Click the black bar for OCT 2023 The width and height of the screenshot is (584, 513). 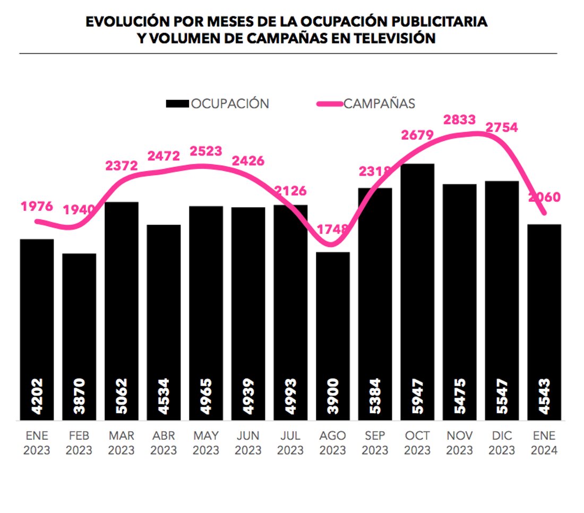tap(417, 292)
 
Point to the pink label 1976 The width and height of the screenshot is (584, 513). tap(37, 206)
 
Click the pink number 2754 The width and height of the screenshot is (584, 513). tap(501, 128)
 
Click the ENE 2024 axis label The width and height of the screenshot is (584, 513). tap(544, 443)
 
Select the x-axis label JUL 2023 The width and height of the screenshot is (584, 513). tap(290, 443)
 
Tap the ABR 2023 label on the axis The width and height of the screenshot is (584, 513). tap(164, 443)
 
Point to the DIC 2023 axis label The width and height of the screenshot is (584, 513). tap(502, 443)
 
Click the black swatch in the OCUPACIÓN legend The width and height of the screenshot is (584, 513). tap(177, 104)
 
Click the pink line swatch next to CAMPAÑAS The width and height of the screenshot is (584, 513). tap(329, 104)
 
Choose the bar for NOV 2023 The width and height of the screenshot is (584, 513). tap(460, 303)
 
